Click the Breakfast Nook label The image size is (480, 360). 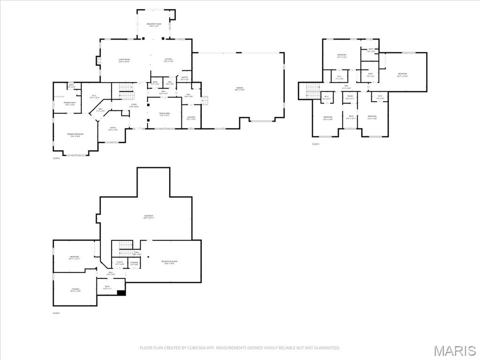[153, 25]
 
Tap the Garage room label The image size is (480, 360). [240, 89]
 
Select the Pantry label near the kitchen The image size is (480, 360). [185, 79]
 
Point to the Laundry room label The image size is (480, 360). [191, 118]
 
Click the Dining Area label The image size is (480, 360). [164, 114]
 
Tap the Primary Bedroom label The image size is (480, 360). [75, 135]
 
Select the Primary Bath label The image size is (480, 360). [70, 104]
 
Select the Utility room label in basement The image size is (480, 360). [120, 263]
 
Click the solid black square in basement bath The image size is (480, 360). [121, 293]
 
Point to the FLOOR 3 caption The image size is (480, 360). [315, 144]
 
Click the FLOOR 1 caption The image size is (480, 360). [56, 313]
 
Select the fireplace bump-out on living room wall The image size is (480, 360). [98, 61]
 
